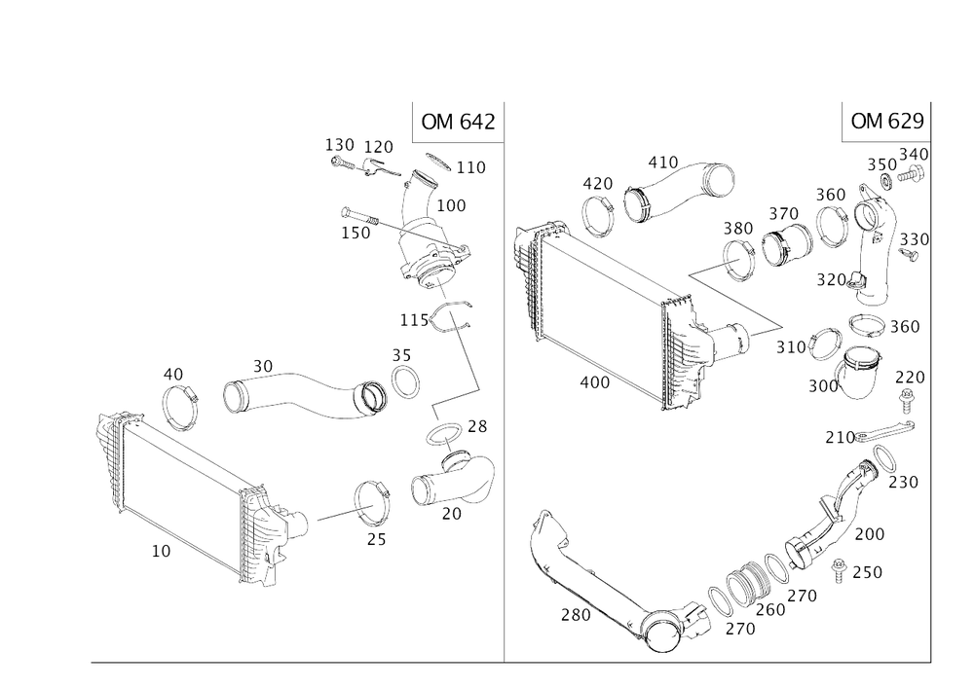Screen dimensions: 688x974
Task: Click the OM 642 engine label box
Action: pyautogui.click(x=457, y=122)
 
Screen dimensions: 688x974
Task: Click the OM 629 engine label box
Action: pyautogui.click(x=885, y=122)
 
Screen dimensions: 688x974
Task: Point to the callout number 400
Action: pyautogui.click(x=594, y=381)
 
